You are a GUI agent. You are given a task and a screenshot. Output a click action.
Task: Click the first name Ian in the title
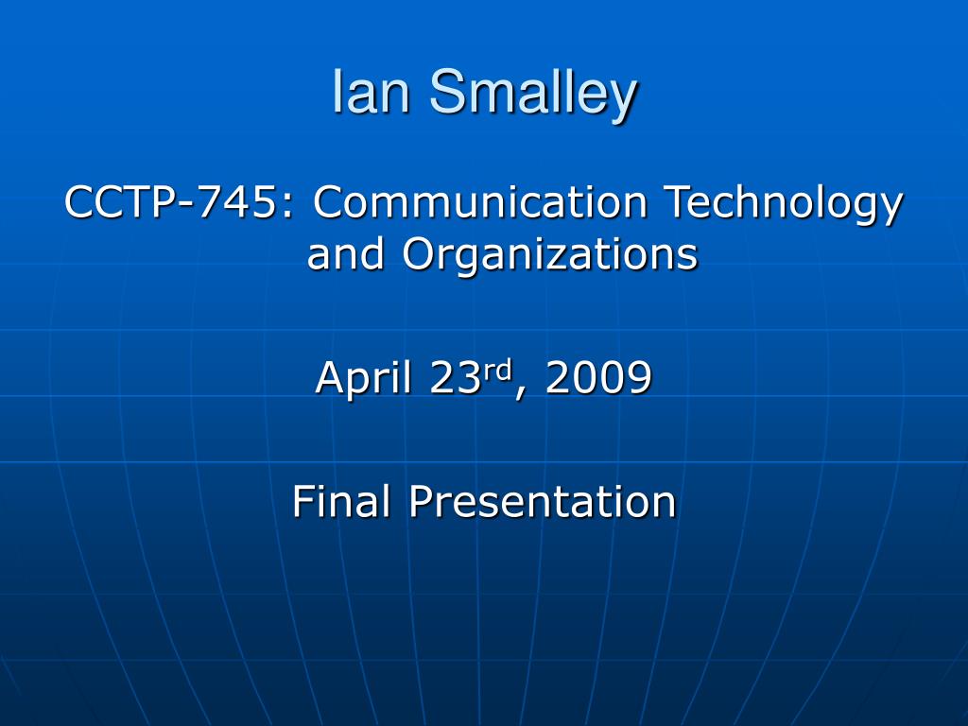371,92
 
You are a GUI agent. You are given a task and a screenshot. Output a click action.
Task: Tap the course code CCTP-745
170,202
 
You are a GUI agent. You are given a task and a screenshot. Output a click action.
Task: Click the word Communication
479,202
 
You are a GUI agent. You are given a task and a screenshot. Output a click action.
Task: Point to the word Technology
784,205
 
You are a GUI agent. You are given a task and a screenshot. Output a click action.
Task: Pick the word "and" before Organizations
345,253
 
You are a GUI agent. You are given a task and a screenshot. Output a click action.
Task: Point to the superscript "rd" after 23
497,371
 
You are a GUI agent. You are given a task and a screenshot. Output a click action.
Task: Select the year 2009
598,377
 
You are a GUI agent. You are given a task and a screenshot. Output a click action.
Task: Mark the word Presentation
543,500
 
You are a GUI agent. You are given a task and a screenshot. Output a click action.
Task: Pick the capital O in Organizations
420,253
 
